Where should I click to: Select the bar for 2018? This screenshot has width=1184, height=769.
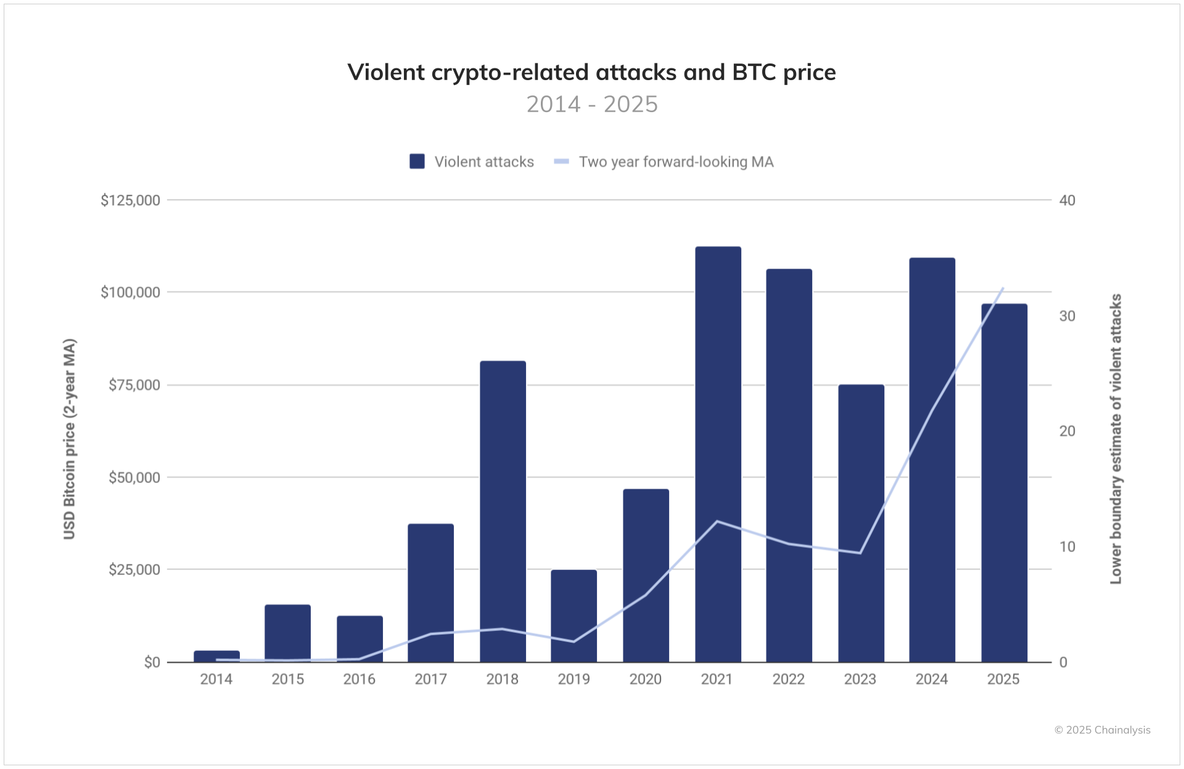[503, 511]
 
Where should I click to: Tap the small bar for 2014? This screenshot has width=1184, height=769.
[216, 656]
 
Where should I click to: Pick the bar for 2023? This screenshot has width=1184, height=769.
[861, 523]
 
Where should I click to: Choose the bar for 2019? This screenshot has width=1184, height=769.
[573, 616]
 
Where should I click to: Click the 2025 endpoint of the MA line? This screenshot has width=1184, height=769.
[1003, 288]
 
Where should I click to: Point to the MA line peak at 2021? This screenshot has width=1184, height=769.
[717, 521]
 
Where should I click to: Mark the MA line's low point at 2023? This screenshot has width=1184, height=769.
[860, 553]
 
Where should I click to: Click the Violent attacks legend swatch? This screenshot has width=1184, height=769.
[417, 161]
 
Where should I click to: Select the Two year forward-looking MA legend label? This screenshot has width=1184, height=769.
[676, 161]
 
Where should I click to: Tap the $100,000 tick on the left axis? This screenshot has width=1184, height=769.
[130, 292]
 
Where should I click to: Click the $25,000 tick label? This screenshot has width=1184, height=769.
[134, 569]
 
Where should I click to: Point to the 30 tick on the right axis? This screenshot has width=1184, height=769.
[1067, 315]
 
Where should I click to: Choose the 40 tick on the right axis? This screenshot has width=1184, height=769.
[1067, 200]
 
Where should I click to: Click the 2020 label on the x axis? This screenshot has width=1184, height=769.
[645, 679]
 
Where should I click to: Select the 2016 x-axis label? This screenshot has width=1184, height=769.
[359, 679]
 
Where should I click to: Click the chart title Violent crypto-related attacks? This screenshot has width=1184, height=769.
[591, 72]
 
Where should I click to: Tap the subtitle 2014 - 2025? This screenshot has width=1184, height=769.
[591, 104]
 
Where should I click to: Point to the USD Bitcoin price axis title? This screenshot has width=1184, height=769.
[69, 439]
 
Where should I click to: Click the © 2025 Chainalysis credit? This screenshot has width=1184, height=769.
[1102, 730]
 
